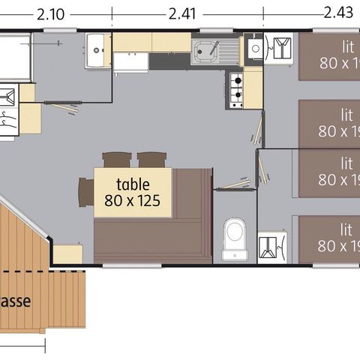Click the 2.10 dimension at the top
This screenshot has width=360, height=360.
coord(49,13)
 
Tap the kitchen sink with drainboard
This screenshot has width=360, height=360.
coord(213,51)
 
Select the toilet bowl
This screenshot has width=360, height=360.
coord(235,235)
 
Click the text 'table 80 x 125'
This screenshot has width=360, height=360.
coord(133,192)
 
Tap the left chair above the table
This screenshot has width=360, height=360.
coord(116,160)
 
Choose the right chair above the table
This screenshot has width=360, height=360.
coord(151,160)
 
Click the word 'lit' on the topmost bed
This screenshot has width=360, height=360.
coord(346,45)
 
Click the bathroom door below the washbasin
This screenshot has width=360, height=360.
coord(64,109)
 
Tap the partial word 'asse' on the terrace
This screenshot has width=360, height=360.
coord(15,302)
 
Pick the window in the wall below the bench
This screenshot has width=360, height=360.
coord(121,265)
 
